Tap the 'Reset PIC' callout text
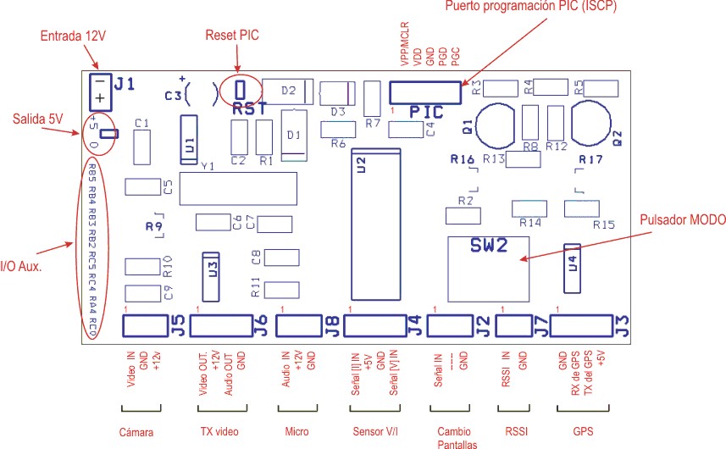pos(232,36)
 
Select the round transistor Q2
pos(594,124)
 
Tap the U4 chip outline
pos(574,264)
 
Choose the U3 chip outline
pos(212,270)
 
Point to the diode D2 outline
pos(288,91)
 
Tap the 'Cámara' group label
pos(141,431)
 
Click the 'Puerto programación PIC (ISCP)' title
pos(532,8)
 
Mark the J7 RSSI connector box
pos(513,325)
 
